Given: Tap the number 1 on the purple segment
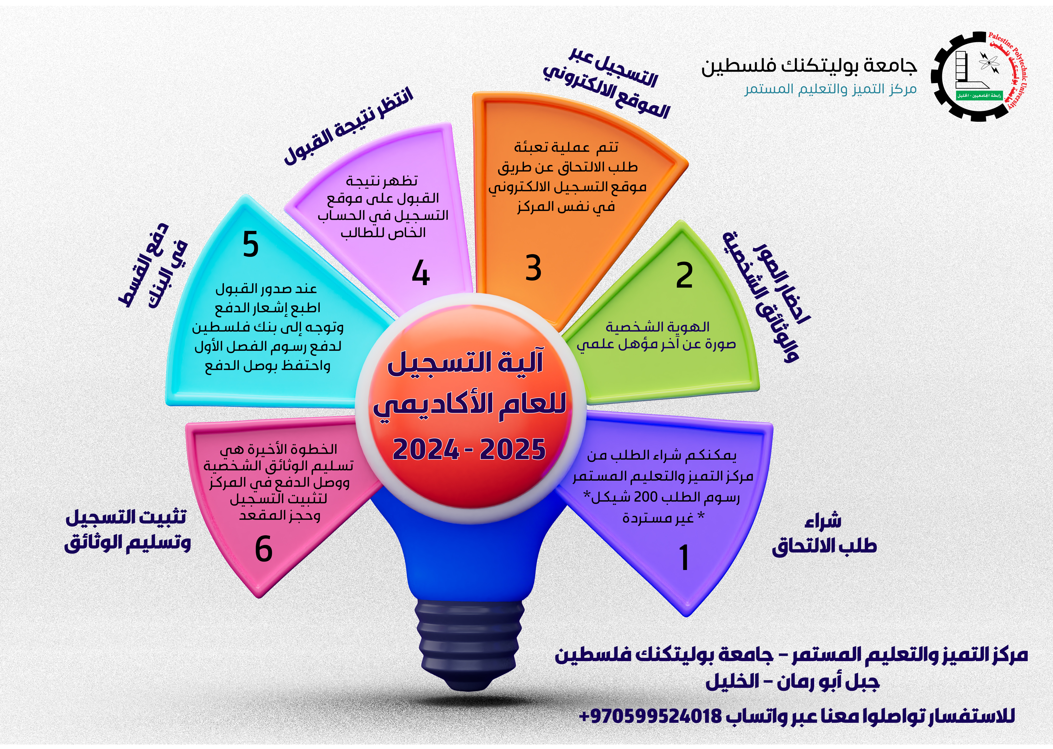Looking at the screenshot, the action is (x=684, y=557).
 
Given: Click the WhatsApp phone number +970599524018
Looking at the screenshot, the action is (x=650, y=716).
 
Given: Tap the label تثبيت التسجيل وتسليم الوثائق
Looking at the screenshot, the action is (x=128, y=530).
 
